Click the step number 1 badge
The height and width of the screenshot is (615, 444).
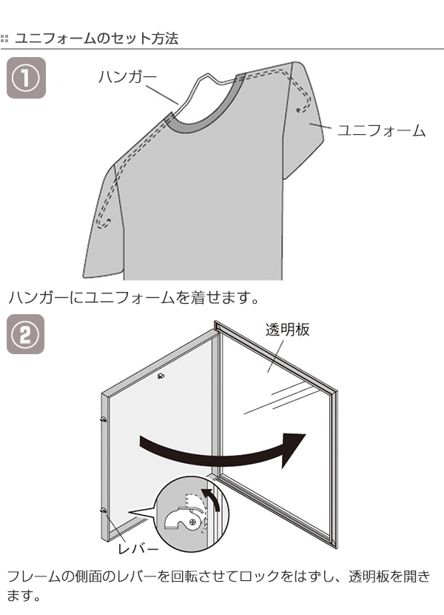26,78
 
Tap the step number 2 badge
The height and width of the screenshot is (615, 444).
25,334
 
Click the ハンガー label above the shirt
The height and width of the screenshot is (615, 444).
127,76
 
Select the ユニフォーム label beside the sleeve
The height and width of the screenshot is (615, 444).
381,130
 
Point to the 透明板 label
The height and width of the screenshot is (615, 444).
288,330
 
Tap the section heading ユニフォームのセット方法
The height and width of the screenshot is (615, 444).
96,39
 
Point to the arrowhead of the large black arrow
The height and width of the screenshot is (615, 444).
292,449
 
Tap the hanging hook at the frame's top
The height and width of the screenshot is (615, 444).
161,376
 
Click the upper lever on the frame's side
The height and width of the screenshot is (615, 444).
104,420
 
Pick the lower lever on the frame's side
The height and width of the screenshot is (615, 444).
104,511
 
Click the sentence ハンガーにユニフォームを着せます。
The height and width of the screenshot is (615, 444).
134,297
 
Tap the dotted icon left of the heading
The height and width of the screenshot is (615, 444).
4,39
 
